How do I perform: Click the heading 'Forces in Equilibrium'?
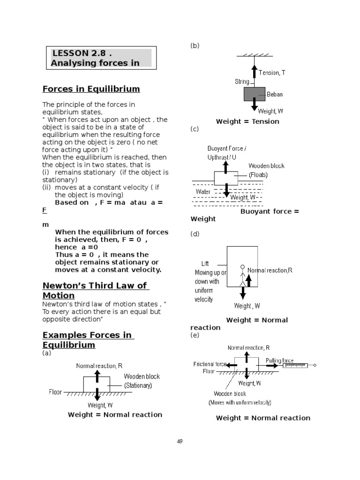91,89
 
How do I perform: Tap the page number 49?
180,441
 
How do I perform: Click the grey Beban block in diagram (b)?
254,94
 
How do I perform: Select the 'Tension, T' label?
271,73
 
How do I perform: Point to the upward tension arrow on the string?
254,71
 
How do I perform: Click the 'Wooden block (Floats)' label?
266,170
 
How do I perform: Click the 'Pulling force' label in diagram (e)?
279,360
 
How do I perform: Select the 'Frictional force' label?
210,364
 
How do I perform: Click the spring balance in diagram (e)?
296,365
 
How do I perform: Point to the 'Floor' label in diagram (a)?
55,392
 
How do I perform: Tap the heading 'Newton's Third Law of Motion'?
94,290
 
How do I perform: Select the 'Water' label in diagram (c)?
203,191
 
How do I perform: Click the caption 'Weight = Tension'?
247,121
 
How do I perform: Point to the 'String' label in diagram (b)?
242,82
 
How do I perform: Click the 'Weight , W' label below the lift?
247,306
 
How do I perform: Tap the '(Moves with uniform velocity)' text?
240,402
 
